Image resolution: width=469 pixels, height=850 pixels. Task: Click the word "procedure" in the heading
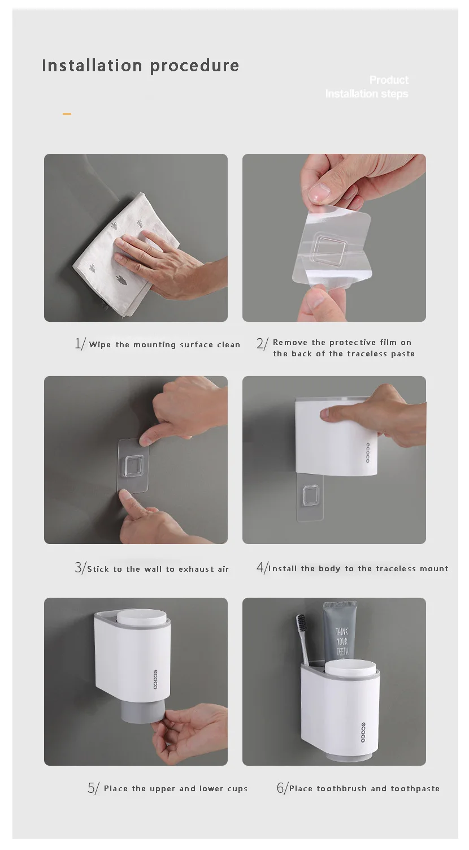point(194,66)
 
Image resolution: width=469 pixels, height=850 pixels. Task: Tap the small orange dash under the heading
point(67,114)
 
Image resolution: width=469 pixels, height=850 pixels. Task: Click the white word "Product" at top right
point(389,80)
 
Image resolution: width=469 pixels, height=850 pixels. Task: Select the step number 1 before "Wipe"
point(78,343)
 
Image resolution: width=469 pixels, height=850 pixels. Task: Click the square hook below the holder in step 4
point(311,497)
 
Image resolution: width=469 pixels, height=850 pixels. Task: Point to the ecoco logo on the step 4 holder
point(367,452)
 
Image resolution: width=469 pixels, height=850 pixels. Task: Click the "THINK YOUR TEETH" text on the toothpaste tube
point(342,642)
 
